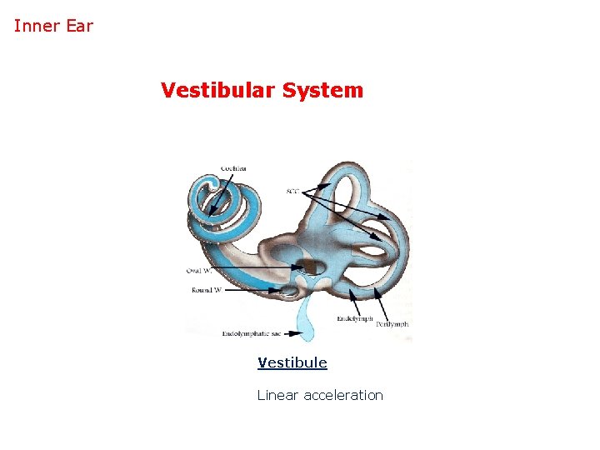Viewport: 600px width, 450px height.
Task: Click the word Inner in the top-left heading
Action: [36, 26]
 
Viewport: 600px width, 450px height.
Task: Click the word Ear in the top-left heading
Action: [79, 26]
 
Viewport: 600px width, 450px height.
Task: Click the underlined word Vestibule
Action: [292, 363]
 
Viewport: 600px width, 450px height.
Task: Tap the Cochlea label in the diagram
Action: [233, 169]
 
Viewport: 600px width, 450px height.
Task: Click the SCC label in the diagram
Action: [292, 192]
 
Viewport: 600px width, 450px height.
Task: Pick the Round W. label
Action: [206, 290]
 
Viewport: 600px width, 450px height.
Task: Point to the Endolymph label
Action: [353, 318]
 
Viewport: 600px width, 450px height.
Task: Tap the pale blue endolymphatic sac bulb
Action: [306, 329]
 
